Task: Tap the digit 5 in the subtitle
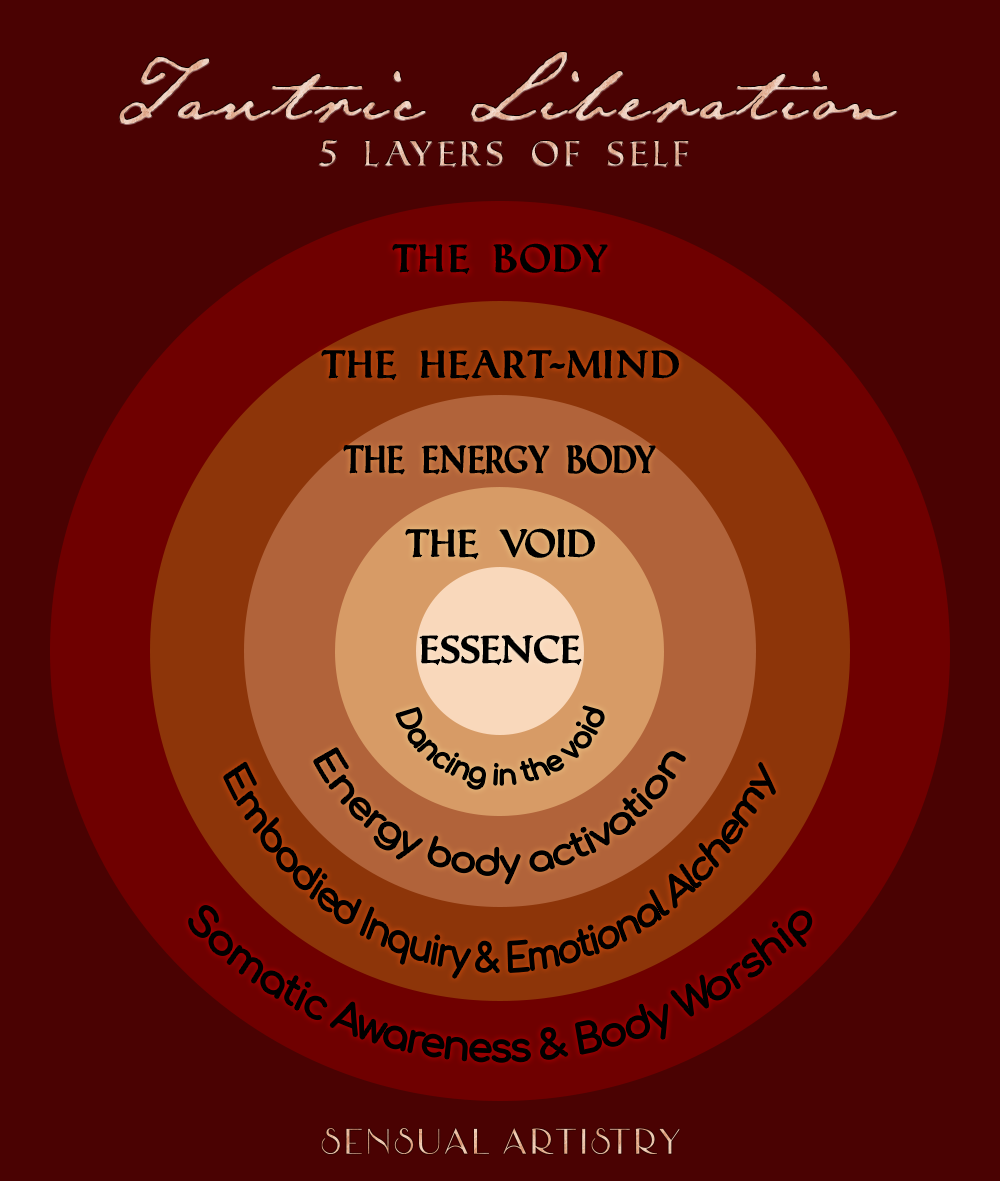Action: (330, 155)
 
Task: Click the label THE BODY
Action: (500, 259)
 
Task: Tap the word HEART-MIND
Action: (549, 365)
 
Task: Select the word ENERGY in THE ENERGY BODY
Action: (485, 460)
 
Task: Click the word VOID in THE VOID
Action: (547, 545)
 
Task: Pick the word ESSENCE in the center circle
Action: (500, 650)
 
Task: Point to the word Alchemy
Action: (729, 845)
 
